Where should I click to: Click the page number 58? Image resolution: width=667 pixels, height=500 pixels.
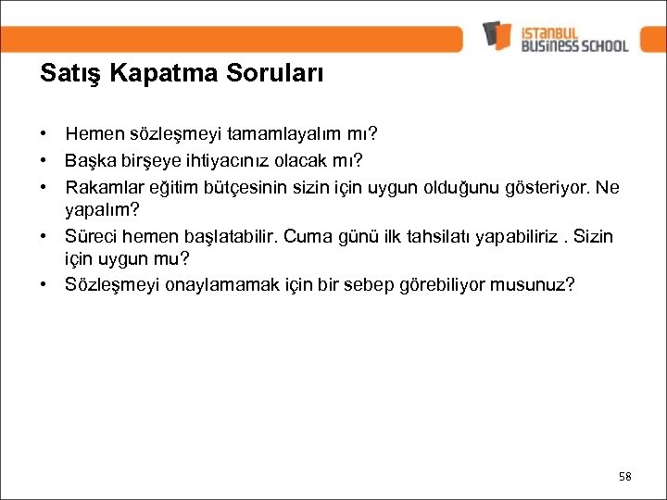click(624, 476)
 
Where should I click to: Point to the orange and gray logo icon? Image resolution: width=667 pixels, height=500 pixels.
click(497, 35)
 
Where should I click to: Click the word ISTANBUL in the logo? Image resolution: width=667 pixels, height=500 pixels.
click(556, 29)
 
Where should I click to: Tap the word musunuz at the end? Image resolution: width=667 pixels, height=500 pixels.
click(532, 284)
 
